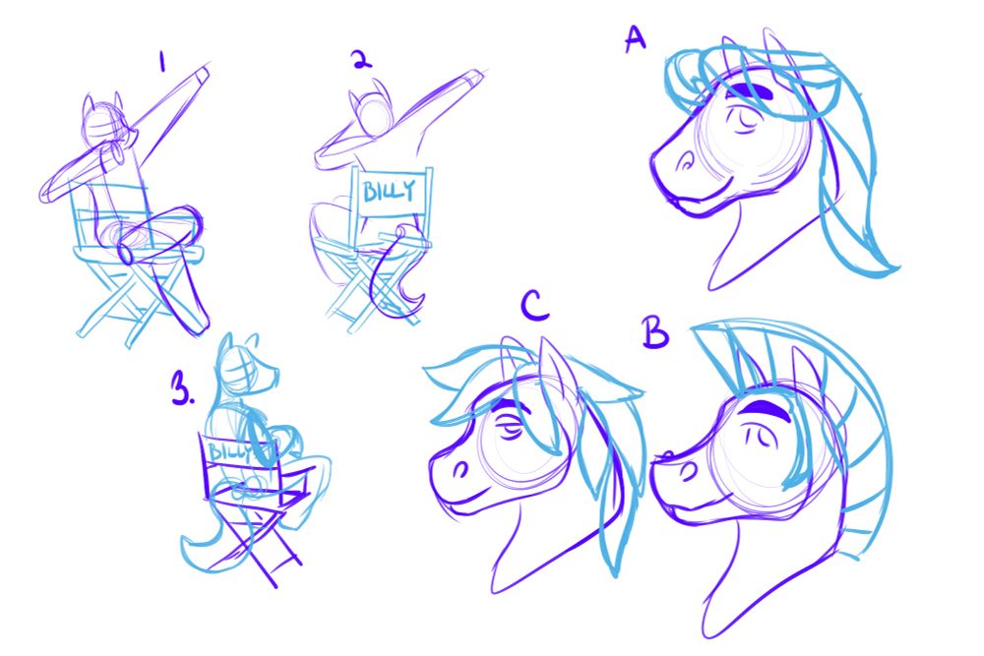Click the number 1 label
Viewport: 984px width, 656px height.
coord(162,61)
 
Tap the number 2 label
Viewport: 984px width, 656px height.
coord(361,60)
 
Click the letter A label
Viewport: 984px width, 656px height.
coord(635,39)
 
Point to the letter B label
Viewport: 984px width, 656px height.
coord(655,332)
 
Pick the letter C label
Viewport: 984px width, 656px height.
coord(534,307)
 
